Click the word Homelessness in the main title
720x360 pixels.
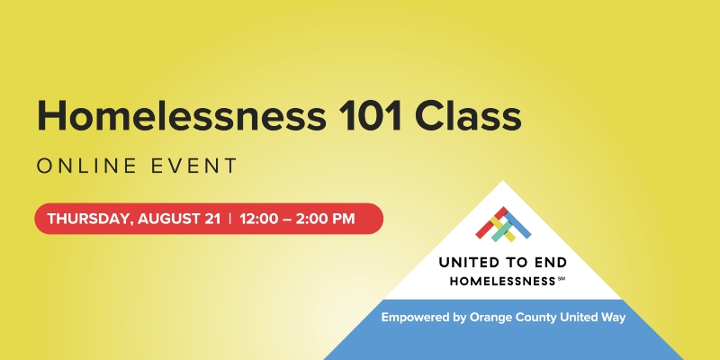coord(182,116)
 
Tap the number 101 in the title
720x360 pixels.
coord(371,116)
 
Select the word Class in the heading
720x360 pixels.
coord(468,116)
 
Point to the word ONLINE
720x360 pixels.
coord(86,166)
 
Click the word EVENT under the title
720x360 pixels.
coord(194,166)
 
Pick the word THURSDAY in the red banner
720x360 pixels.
coord(91,219)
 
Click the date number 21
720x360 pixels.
coord(212,219)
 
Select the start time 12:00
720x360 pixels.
coord(258,219)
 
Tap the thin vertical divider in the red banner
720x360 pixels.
coord(230,219)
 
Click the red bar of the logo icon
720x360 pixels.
coord(491,222)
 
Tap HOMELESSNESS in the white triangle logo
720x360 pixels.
coord(502,281)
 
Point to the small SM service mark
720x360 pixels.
coord(562,278)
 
